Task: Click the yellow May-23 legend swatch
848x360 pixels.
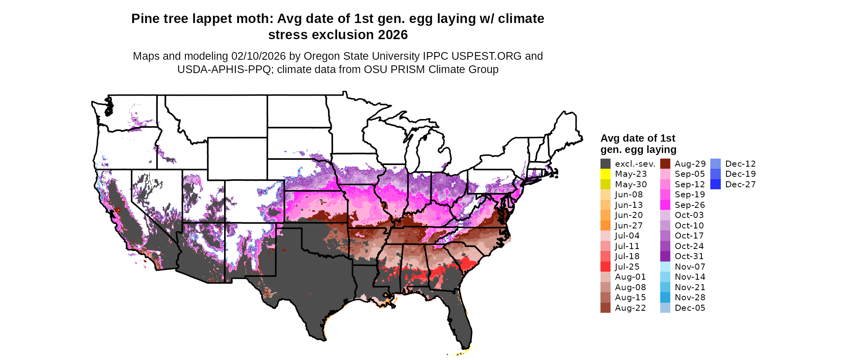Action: (605, 174)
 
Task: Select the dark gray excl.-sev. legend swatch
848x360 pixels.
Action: (605, 164)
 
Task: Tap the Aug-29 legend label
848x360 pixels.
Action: (690, 164)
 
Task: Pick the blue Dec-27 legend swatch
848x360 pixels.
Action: (715, 184)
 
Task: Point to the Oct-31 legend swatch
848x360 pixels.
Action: (665, 256)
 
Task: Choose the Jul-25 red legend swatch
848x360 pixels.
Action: (605, 267)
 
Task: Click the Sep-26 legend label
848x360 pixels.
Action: (690, 205)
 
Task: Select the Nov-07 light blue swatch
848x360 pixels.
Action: (665, 267)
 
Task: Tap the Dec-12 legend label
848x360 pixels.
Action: (740, 164)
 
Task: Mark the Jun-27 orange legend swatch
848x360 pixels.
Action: (605, 226)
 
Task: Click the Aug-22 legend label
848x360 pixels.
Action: (630, 308)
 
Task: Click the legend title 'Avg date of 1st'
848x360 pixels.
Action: (638, 138)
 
